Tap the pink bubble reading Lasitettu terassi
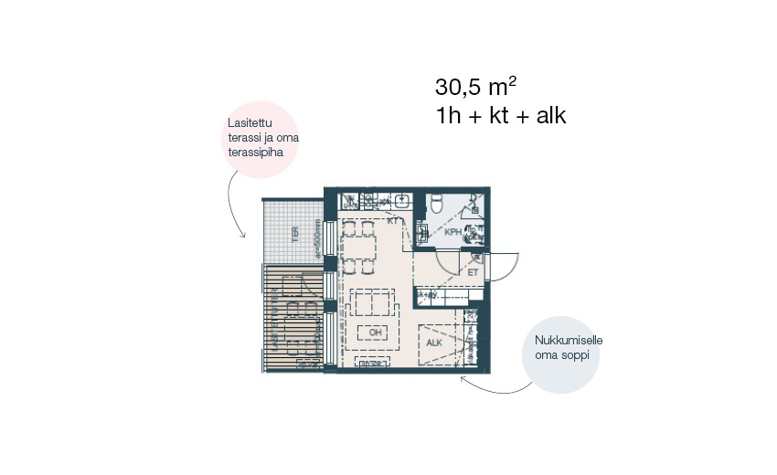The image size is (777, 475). pyautogui.click(x=261, y=138)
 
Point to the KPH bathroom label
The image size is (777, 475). pyautogui.click(x=453, y=233)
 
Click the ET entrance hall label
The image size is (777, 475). pyautogui.click(x=474, y=272)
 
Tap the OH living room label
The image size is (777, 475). pyautogui.click(x=375, y=332)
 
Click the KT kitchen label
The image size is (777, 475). pyautogui.click(x=394, y=221)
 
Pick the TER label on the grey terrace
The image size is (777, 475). pyautogui.click(x=294, y=234)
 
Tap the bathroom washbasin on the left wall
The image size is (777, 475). pyautogui.click(x=421, y=234)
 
